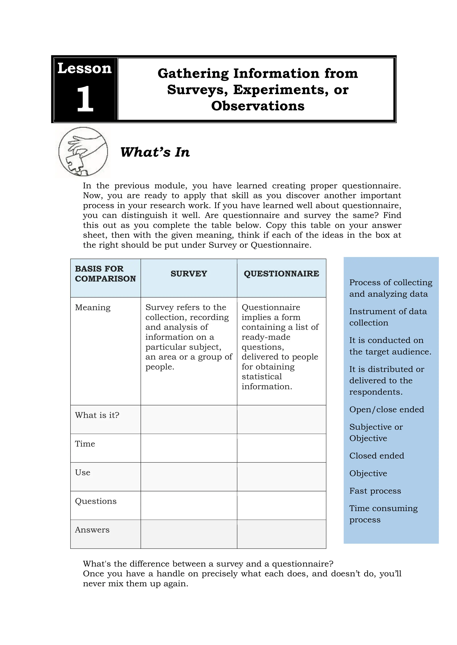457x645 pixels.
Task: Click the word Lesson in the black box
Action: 84,68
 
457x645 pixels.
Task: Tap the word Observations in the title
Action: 258,106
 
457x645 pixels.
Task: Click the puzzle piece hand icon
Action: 83,152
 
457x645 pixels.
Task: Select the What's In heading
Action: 155,152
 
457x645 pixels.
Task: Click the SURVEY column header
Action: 189,274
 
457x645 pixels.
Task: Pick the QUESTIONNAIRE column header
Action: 281,274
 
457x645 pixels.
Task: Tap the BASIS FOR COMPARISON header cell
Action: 105,274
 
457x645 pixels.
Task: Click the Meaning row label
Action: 93,307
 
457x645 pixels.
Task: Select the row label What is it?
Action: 97,415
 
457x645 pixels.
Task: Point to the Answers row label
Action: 92,530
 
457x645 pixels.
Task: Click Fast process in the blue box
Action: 375,491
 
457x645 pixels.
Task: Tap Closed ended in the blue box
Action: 376,456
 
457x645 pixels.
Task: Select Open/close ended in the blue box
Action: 386,410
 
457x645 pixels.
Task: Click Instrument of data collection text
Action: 388,317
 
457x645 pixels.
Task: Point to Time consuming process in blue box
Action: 383,514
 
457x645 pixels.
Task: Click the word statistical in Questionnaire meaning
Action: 262,377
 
